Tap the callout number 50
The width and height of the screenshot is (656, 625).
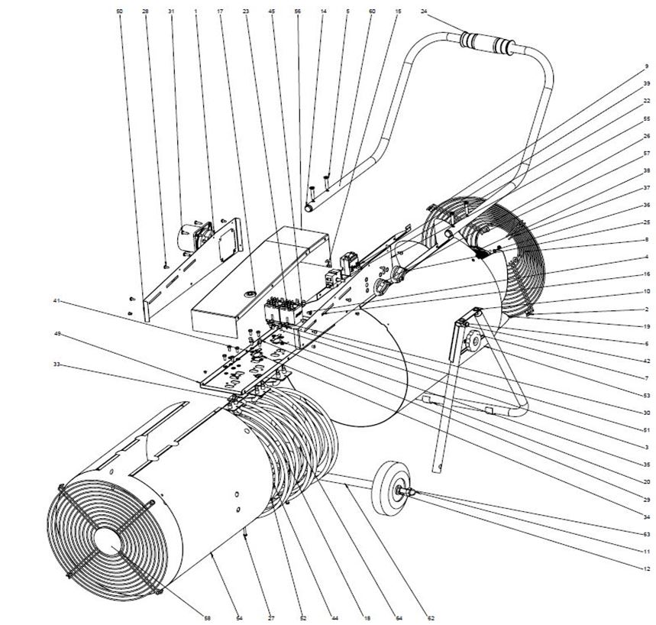(119, 12)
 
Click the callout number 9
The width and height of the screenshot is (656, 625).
(647, 66)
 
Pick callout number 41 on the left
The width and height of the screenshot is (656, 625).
(56, 301)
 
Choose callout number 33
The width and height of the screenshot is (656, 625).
(56, 364)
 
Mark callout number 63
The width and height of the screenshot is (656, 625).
(647, 534)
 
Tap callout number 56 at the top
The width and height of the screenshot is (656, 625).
(297, 12)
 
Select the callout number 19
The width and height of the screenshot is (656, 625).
(647, 325)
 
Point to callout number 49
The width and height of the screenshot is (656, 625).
(56, 333)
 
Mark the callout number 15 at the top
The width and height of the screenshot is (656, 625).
(398, 12)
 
